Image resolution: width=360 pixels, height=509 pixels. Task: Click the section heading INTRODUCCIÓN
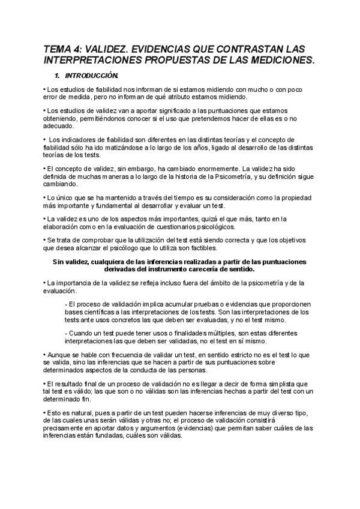pos(92,76)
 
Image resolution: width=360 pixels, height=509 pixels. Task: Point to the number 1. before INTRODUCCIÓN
pos(58,76)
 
